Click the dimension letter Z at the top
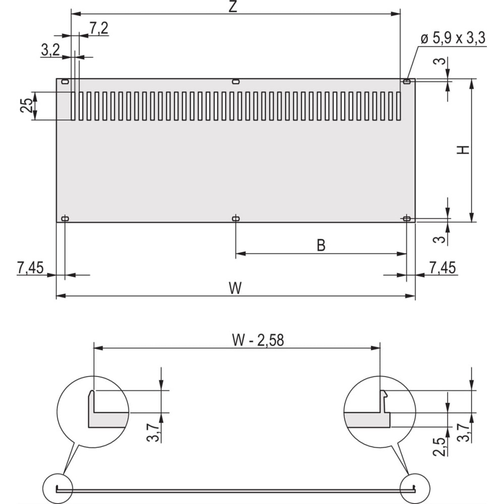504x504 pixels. click(233, 7)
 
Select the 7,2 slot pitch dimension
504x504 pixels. click(99, 28)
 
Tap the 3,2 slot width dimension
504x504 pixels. click(50, 50)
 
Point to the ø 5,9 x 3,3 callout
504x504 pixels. click(453, 38)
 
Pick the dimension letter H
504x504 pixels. click(463, 150)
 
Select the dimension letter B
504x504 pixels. click(321, 245)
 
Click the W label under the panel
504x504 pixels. click(235, 288)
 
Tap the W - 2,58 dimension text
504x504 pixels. click(258, 340)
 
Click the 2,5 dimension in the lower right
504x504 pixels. click(439, 447)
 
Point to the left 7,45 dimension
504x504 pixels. click(30, 268)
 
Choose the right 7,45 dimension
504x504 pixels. click(443, 268)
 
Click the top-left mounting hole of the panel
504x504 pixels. click(65, 82)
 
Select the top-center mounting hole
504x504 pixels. click(235, 82)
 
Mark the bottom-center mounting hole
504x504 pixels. click(235, 219)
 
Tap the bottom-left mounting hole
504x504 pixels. click(65, 219)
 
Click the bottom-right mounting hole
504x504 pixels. click(407, 219)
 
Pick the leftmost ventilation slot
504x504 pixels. click(73, 106)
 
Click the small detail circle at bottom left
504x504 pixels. click(58, 488)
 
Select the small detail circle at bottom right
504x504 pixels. click(415, 488)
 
